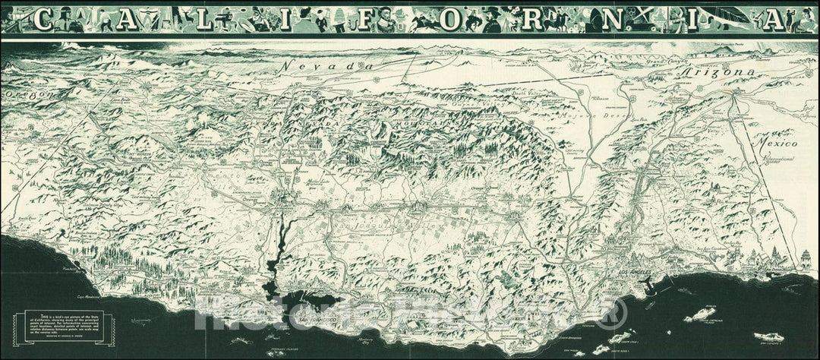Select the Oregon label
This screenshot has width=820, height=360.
(x=27, y=95)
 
